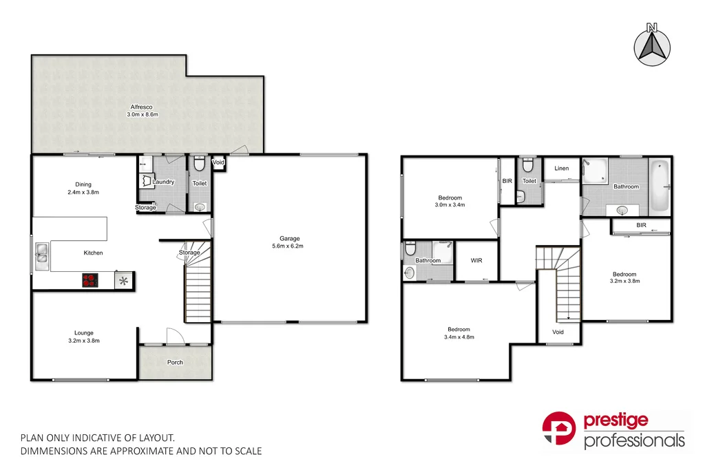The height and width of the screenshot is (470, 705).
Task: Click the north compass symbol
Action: (x=653, y=45)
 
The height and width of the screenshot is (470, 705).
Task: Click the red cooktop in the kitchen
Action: (x=90, y=279)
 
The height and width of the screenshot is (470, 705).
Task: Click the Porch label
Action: (x=175, y=362)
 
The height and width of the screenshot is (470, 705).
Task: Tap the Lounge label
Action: (x=84, y=333)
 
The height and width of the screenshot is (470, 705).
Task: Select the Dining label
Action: (x=83, y=184)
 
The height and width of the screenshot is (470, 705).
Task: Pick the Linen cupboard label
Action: (x=562, y=169)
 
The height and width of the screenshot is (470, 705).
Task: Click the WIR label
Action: (x=476, y=261)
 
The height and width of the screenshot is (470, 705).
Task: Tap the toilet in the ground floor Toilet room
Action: (x=200, y=164)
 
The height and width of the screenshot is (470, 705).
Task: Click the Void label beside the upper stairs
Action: (x=558, y=332)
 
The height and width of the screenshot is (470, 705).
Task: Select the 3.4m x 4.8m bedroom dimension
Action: (x=459, y=337)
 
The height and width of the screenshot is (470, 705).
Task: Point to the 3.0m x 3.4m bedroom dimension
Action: (x=450, y=205)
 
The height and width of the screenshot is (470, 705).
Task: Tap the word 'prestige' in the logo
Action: (x=615, y=421)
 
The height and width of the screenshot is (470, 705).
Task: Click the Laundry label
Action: (x=164, y=182)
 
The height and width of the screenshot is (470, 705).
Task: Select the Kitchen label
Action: (x=93, y=253)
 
